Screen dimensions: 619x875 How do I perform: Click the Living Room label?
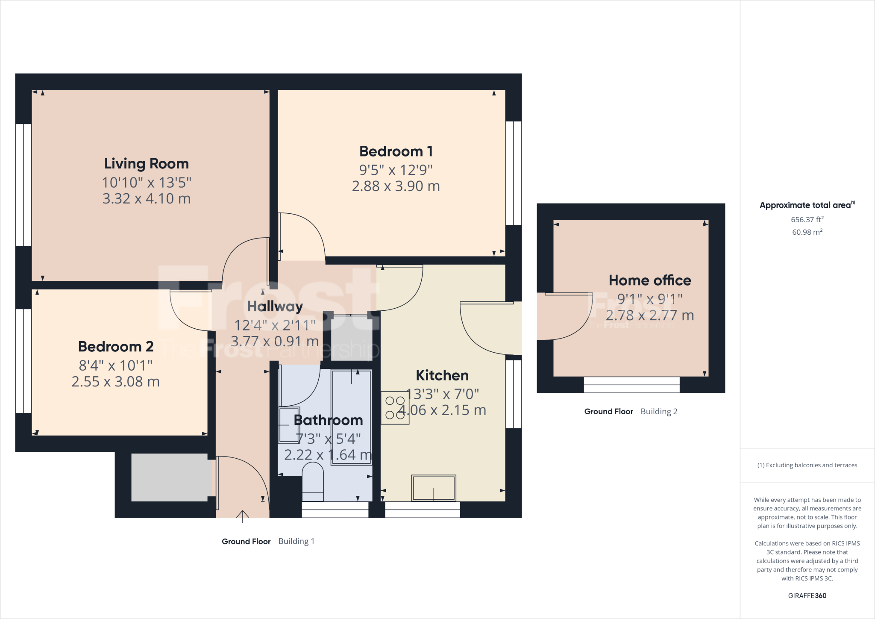tap(146, 164)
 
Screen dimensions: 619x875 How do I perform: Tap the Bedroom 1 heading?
tap(396, 151)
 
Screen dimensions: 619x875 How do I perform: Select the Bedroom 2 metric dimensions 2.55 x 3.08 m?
tap(115, 382)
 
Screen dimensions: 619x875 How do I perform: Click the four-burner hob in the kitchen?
tap(395, 408)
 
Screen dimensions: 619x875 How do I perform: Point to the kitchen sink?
tap(433, 488)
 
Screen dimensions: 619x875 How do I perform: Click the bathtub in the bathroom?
tap(351, 417)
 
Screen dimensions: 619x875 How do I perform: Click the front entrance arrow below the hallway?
tap(242, 516)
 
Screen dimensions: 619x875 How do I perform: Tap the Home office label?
tap(649, 280)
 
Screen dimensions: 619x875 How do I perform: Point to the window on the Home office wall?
tap(631, 385)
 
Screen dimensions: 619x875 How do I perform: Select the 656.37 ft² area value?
tap(807, 220)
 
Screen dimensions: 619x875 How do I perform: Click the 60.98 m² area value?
tap(807, 232)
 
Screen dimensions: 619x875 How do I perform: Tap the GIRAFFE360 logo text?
tap(807, 595)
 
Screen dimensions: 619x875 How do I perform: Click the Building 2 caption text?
tap(659, 412)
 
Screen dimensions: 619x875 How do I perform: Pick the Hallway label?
tap(275, 307)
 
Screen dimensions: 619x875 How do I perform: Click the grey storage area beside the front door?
tap(171, 477)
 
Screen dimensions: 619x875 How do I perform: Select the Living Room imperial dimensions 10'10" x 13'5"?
tap(146, 183)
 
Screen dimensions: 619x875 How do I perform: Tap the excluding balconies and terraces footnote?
tap(807, 465)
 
